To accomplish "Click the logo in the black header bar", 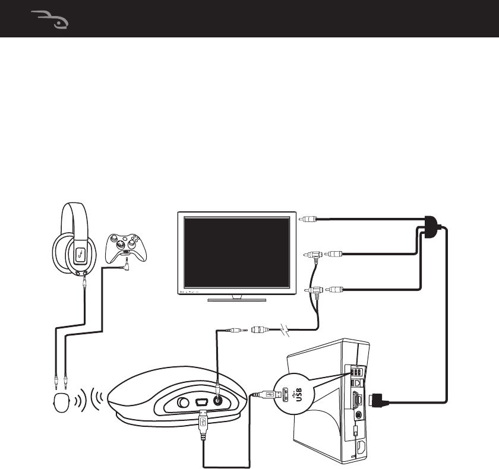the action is click(x=50, y=20).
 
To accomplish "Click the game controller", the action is click(x=126, y=249).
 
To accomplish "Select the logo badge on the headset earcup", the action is click(x=81, y=254).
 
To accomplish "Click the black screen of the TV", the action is click(x=237, y=252).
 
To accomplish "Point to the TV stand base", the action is click(x=236, y=300).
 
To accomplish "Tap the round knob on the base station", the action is click(x=183, y=403).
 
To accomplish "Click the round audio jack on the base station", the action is click(x=217, y=401).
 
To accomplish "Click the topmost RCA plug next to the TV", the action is click(x=308, y=218).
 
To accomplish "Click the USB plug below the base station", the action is click(x=203, y=424).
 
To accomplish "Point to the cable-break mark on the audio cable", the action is click(x=285, y=329).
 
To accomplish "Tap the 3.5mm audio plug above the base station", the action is click(x=236, y=330).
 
